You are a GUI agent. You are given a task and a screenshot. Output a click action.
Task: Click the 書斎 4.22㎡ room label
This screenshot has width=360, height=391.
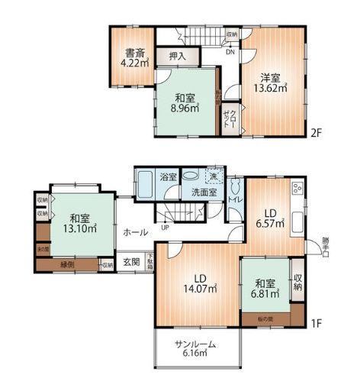tap(136, 59)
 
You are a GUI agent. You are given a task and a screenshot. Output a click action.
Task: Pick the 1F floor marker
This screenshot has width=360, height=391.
tap(318, 323)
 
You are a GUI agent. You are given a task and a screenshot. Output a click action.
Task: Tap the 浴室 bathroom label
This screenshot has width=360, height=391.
tap(169, 176)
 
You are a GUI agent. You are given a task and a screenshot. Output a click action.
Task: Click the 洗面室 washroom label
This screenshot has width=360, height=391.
tap(204, 192)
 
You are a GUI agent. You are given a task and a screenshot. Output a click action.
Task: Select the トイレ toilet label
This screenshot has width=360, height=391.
tap(235, 200)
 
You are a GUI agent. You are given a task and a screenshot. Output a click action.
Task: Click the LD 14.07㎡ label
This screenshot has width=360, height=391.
tap(199, 283)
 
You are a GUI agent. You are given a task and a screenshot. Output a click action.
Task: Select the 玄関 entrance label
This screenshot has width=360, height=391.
tap(132, 262)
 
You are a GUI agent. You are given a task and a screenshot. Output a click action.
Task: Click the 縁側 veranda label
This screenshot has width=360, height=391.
tap(68, 265)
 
